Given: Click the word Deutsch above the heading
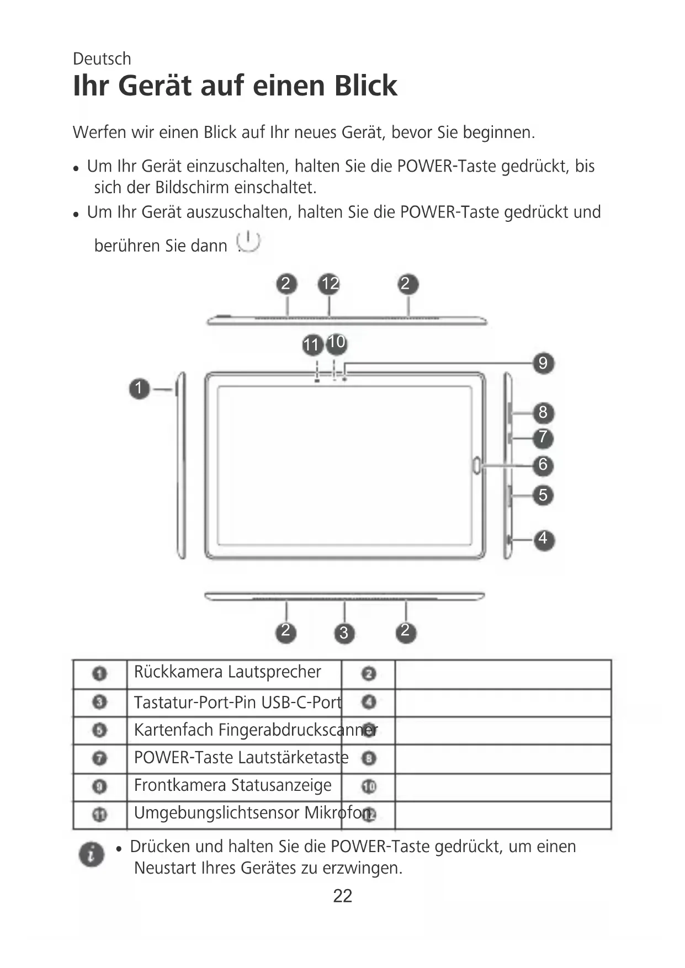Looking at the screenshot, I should tap(102, 58).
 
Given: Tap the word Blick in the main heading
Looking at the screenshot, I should tap(365, 86).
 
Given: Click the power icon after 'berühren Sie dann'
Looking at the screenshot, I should tap(248, 242).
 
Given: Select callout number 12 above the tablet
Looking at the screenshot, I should tap(330, 284).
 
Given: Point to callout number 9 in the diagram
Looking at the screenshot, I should tap(543, 363).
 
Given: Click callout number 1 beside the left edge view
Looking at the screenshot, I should tap(140, 389).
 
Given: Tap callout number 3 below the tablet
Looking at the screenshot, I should tap(344, 632).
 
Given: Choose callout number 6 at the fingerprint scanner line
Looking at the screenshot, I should tap(543, 465).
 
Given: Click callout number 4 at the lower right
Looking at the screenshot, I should tap(543, 539).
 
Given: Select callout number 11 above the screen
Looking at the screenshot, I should tap(312, 345).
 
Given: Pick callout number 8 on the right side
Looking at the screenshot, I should tap(543, 412).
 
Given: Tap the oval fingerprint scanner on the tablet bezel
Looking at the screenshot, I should tap(477, 465).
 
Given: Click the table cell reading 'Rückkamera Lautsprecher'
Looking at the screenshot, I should tap(227, 672).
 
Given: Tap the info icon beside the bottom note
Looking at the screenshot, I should tap(92, 855).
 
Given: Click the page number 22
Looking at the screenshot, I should tap(342, 896).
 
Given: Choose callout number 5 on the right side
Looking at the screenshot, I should tap(543, 495).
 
